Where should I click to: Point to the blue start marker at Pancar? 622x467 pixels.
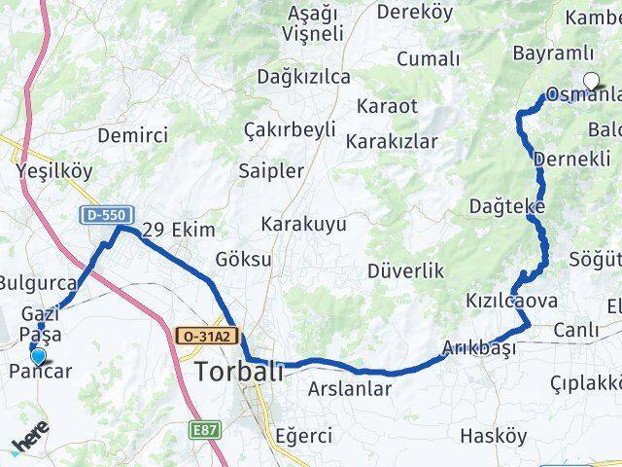38,357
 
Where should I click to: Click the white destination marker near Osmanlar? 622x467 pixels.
591,83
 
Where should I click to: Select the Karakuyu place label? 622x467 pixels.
303,225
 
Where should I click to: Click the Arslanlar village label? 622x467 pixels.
349,389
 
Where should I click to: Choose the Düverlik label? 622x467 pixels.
405,270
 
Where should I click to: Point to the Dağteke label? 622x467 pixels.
506,206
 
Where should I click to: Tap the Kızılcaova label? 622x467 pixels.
511,301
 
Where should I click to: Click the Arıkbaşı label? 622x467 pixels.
475,348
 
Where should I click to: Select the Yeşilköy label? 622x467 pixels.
54,171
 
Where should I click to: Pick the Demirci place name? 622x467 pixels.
133,135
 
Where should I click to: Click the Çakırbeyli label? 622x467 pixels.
290,129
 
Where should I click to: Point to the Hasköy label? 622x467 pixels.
494,435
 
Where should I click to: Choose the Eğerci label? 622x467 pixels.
303,435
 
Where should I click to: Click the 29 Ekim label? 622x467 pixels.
178,231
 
